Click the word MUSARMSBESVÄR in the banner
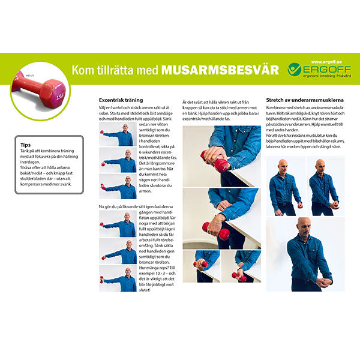point(220,70)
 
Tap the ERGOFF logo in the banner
point(313,70)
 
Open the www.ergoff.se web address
point(326,61)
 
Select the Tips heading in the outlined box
point(26,145)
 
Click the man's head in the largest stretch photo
point(304,226)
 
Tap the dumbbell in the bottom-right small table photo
point(235,276)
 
